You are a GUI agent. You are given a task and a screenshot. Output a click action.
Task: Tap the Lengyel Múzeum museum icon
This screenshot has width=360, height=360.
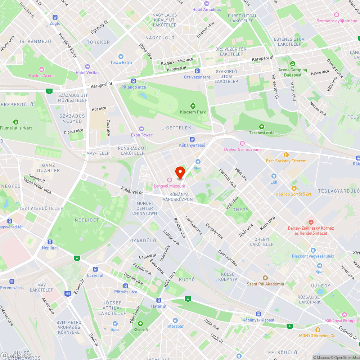pyautogui.click(x=169, y=180)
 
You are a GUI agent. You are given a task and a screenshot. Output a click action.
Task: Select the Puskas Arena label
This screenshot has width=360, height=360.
pyautogui.click(x=42, y=76)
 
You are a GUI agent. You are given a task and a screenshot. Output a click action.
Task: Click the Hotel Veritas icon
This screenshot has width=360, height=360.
pyautogui.click(x=87, y=67)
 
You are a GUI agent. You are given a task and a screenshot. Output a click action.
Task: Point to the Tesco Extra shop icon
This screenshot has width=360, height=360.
pyautogui.click(x=121, y=57)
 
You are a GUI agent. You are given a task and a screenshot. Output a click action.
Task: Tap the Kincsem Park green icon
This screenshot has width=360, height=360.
pyautogui.click(x=193, y=106)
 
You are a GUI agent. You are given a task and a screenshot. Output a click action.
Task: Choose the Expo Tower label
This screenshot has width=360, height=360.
pyautogui.click(x=141, y=135)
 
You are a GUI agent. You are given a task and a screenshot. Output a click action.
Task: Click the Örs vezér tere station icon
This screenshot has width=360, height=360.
pyautogui.click(x=197, y=71)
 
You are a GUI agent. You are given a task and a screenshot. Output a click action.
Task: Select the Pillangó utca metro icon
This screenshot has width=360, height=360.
pyautogui.click(x=134, y=81)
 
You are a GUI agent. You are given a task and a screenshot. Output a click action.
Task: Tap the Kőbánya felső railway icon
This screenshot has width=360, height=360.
pyautogui.click(x=192, y=139)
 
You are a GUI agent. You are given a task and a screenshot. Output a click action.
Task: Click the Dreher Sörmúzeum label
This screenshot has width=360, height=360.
pyautogui.click(x=242, y=149)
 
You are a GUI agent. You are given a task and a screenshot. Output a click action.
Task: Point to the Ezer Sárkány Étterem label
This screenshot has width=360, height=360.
pyautogui.click(x=286, y=161)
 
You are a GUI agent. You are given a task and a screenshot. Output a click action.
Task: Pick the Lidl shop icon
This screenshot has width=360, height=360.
pyautogui.click(x=274, y=176)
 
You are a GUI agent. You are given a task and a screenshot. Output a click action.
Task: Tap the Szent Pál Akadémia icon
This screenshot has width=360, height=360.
pyautogui.click(x=265, y=278)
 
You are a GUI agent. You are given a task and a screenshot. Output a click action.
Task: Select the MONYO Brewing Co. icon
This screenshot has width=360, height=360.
pyautogui.click(x=318, y=329)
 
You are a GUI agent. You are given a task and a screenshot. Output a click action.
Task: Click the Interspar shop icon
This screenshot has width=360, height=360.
pyautogui.click(x=175, y=320)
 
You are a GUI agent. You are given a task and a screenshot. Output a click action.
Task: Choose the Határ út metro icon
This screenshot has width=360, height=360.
pyautogui.click(x=158, y=300)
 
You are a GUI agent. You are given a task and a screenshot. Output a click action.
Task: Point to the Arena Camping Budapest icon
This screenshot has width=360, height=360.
pyautogui.click(x=292, y=64)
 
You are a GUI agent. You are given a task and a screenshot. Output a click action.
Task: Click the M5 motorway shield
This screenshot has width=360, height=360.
pyautogui.click(x=68, y=294)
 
